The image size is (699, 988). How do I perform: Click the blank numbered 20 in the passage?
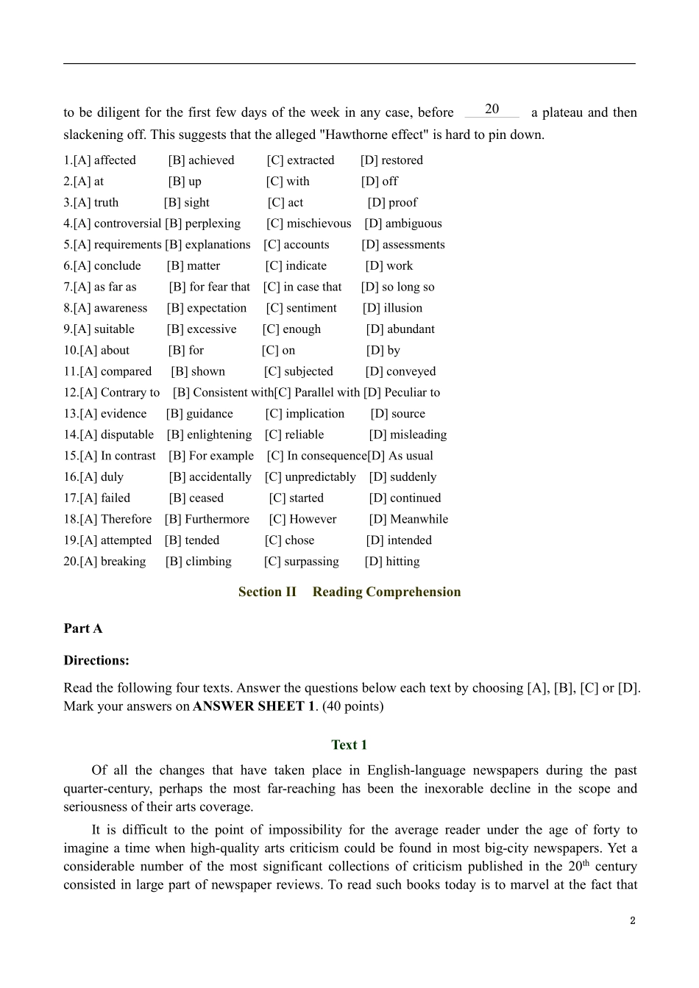pos(492,110)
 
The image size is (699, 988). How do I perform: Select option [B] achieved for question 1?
pos(201,160)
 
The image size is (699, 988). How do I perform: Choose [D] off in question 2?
pos(379,182)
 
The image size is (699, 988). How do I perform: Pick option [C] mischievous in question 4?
pos(308,223)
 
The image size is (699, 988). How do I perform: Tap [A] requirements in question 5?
pos(112,245)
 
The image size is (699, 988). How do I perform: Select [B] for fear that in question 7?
pos(209,287)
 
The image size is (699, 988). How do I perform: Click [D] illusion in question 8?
pos(392,308)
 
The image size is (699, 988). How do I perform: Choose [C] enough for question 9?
pos(291,329)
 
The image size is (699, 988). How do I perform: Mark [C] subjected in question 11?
pos(298,372)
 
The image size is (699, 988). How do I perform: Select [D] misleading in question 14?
pos(408,435)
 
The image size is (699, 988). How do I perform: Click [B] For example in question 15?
pos(210,456)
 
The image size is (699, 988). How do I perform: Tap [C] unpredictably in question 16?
pos(310,477)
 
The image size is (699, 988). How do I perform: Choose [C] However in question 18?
pos(302,520)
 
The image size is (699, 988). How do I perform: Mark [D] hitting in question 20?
pos(392,562)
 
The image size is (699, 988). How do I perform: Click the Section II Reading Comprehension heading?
pos(349,592)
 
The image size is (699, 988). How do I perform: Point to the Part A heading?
pos(83,629)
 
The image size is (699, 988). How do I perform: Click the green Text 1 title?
pos(349,745)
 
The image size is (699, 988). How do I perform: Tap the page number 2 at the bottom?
pos(632,920)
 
